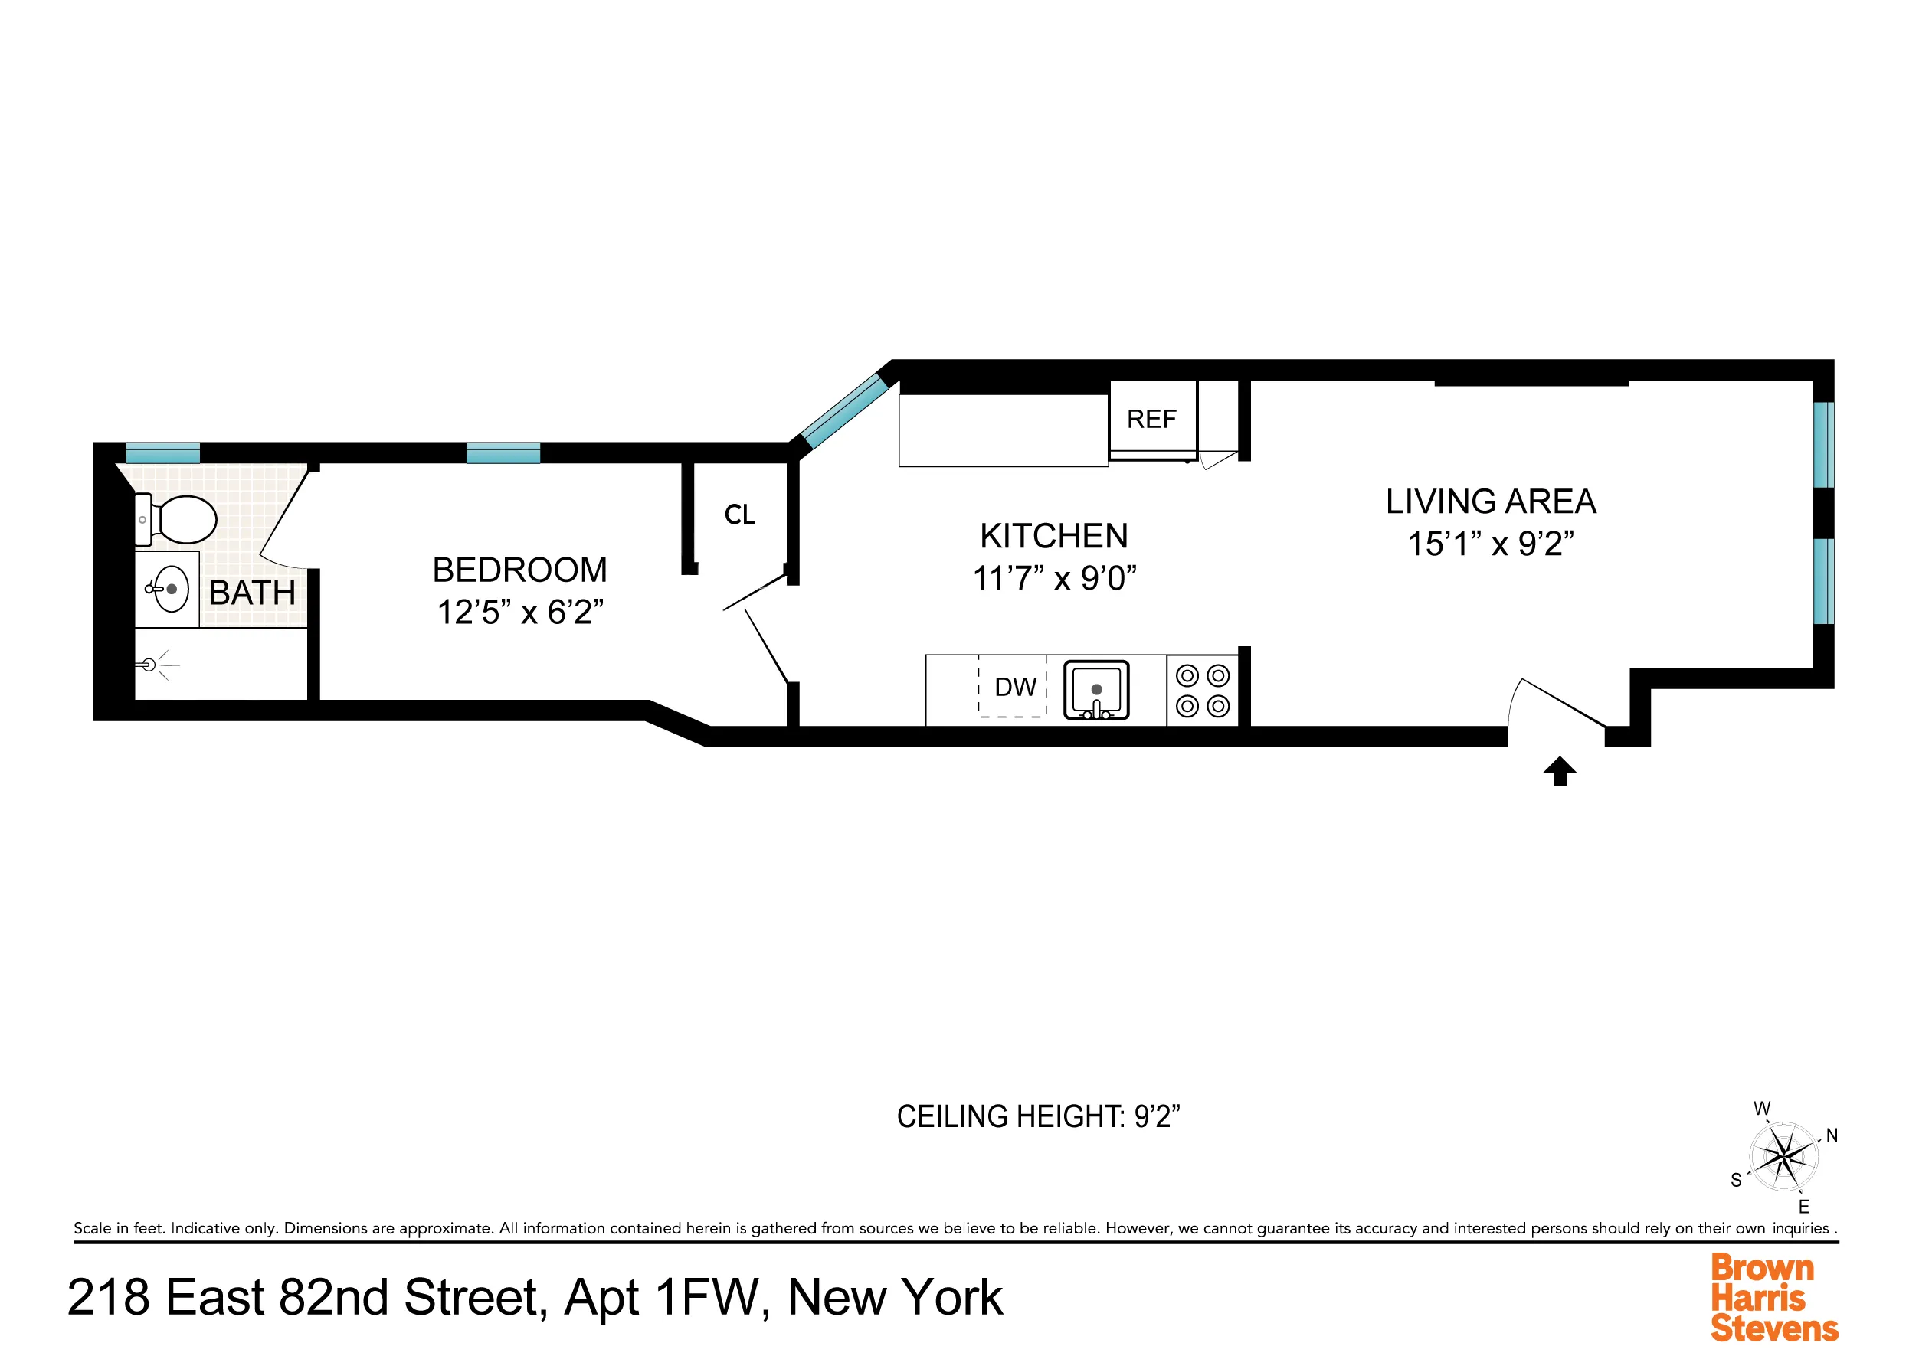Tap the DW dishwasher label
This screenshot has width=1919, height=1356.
pyautogui.click(x=1015, y=687)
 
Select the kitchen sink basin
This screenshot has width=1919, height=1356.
pyautogui.click(x=1095, y=689)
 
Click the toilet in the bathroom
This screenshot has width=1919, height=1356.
pyautogui.click(x=178, y=519)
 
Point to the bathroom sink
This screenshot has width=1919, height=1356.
pyautogui.click(x=169, y=589)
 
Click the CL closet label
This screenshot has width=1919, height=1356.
pyautogui.click(x=740, y=515)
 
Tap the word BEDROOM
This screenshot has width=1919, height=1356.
pyautogui.click(x=519, y=570)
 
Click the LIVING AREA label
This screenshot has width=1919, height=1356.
pyautogui.click(x=1490, y=502)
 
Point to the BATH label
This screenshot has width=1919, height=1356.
pyautogui.click(x=251, y=593)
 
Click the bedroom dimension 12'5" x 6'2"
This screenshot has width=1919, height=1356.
pyautogui.click(x=519, y=613)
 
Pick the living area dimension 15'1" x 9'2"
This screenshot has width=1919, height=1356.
pyautogui.click(x=1490, y=544)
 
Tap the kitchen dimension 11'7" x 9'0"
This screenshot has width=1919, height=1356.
pyautogui.click(x=1053, y=578)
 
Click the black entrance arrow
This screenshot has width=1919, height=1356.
pyautogui.click(x=1559, y=770)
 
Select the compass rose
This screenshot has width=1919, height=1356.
pyautogui.click(x=1783, y=1157)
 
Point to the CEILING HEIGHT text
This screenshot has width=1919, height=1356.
pyautogui.click(x=1037, y=1116)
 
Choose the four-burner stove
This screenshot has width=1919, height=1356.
pyautogui.click(x=1202, y=690)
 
